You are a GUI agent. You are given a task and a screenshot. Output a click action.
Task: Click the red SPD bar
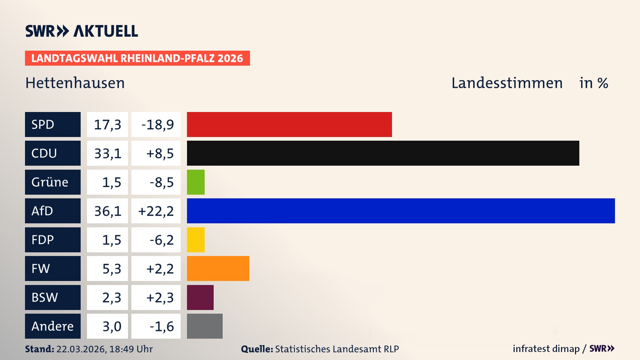[x=289, y=124]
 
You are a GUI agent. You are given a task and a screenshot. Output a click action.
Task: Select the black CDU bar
[x=383, y=153]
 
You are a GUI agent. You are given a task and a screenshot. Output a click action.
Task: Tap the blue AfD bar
[x=401, y=211]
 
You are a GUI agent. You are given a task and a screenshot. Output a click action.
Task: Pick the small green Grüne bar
[x=196, y=182]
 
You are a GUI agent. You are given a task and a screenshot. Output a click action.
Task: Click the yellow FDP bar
[x=196, y=240]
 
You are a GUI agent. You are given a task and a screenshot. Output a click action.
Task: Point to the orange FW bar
[x=218, y=268]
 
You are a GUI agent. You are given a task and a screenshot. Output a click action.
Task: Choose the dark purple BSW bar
[x=200, y=297]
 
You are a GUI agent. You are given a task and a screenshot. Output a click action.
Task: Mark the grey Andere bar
[x=205, y=326]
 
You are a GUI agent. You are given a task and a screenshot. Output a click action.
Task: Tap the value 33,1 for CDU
[x=107, y=153]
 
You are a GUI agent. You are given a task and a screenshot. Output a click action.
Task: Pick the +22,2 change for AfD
[x=156, y=211]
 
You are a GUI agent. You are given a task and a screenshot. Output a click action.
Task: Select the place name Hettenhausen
[x=75, y=83]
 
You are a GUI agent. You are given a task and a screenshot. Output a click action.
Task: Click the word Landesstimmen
[x=507, y=83]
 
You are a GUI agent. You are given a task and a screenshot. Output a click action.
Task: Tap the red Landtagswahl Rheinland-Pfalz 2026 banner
[x=137, y=58]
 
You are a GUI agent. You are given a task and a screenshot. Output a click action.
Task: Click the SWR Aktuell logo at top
[x=82, y=31]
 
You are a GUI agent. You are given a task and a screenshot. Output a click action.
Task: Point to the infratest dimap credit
[x=546, y=349]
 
